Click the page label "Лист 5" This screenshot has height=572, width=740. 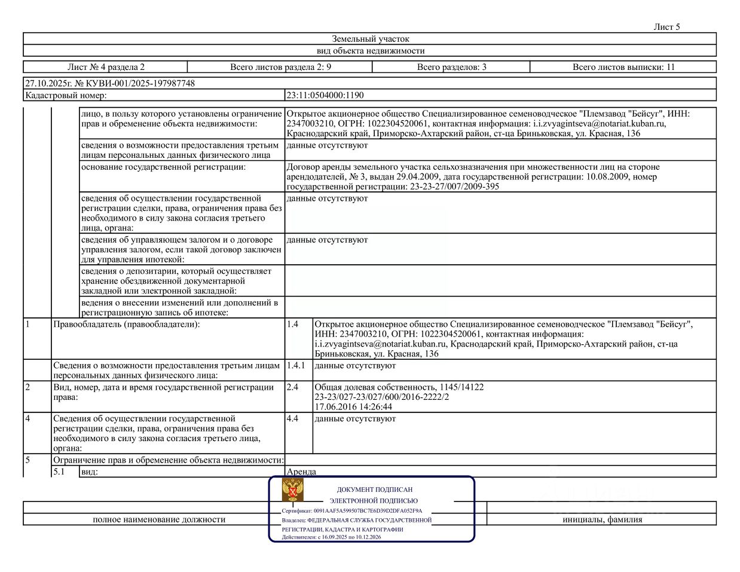pos(666,27)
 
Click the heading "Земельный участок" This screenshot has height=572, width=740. pos(370,39)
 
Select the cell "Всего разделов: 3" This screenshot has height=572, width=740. pos(451,67)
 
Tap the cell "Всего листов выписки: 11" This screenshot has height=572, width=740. pos(623,67)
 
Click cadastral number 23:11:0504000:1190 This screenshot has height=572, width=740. pos(325,95)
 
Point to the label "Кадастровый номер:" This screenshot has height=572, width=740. pos(66,95)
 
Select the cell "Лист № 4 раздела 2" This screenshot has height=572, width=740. pos(106,67)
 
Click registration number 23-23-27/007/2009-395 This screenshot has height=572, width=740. pos(454,186)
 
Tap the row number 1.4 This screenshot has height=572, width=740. pos(292,324)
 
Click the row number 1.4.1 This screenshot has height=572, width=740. pos(295,365)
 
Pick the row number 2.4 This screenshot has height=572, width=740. pos(292,387)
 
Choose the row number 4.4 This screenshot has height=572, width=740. pos(292,418)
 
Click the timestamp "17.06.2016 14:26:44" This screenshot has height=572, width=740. pos(353,407)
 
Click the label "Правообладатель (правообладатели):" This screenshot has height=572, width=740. pos(127,324)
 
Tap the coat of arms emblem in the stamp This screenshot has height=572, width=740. pos(293,490)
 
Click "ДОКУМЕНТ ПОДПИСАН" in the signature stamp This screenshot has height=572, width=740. pos(374,490)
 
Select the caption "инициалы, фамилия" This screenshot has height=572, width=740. pos(602,519)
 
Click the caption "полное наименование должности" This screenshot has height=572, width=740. pos(159,519)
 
